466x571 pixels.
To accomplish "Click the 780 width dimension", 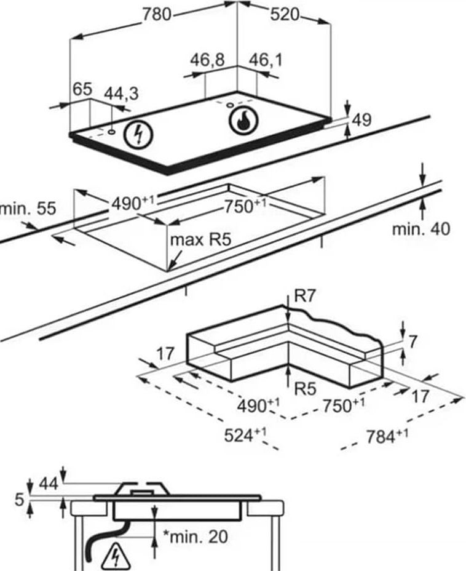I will tap(157, 14).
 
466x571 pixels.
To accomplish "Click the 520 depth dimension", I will tap(284, 14).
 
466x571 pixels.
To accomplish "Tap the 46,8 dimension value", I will tap(207, 60).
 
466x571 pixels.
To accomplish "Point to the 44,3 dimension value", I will tap(121, 94).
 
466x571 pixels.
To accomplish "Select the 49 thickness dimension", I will tap(362, 120).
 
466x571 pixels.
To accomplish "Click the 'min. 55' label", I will tap(27, 209).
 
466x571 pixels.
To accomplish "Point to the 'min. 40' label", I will tap(421, 229).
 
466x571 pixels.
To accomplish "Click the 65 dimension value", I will tap(82, 89).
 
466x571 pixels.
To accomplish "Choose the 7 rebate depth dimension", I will tap(413, 340).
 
